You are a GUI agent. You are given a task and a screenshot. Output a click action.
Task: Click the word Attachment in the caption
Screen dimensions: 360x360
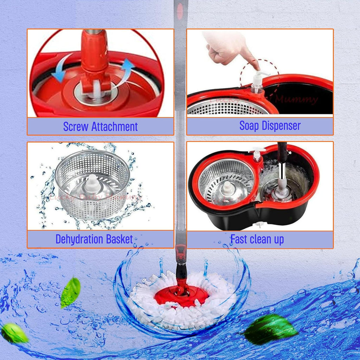114,127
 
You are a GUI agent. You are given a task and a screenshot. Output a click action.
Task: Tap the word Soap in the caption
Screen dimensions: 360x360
248,126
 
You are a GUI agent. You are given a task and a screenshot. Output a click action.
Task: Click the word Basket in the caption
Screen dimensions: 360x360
120,239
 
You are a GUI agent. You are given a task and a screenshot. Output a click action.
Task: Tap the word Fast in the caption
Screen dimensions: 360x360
239,239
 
